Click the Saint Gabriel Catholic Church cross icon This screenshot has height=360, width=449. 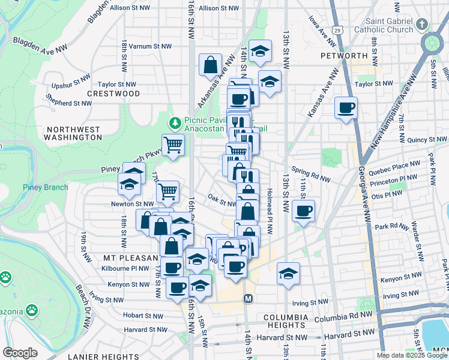coord(423,24)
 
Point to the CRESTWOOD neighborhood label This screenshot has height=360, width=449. coord(113,94)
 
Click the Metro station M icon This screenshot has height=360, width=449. coord(247,298)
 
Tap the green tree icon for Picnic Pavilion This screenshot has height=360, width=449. coord(175,123)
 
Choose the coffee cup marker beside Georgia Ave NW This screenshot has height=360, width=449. coord(346,108)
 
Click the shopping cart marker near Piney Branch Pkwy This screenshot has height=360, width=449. coord(173,145)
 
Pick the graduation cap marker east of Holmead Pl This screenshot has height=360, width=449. coord(288,274)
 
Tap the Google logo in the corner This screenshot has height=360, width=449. coord(20,353)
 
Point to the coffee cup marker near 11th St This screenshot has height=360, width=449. coord(304,211)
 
